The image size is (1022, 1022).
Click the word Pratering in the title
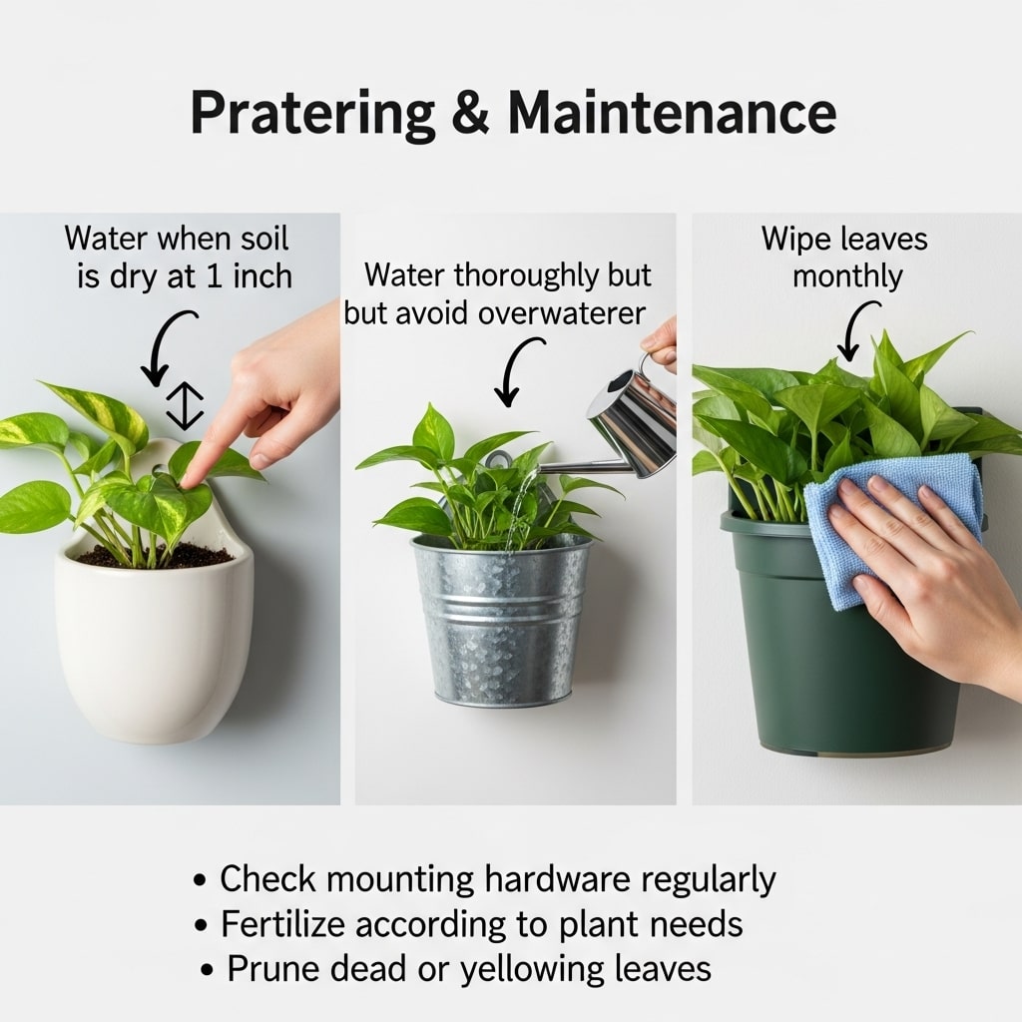312,114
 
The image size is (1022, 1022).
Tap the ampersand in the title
470,112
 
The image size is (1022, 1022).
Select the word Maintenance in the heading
672,112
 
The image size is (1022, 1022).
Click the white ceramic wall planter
154,626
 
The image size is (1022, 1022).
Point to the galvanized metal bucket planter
501,619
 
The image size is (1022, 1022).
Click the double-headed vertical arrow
185,406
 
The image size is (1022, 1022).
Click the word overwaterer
562,313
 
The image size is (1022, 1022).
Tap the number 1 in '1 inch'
214,277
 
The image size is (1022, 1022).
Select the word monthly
847,277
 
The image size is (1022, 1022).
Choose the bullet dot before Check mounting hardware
201,880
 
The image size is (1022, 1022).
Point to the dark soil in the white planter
155,556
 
